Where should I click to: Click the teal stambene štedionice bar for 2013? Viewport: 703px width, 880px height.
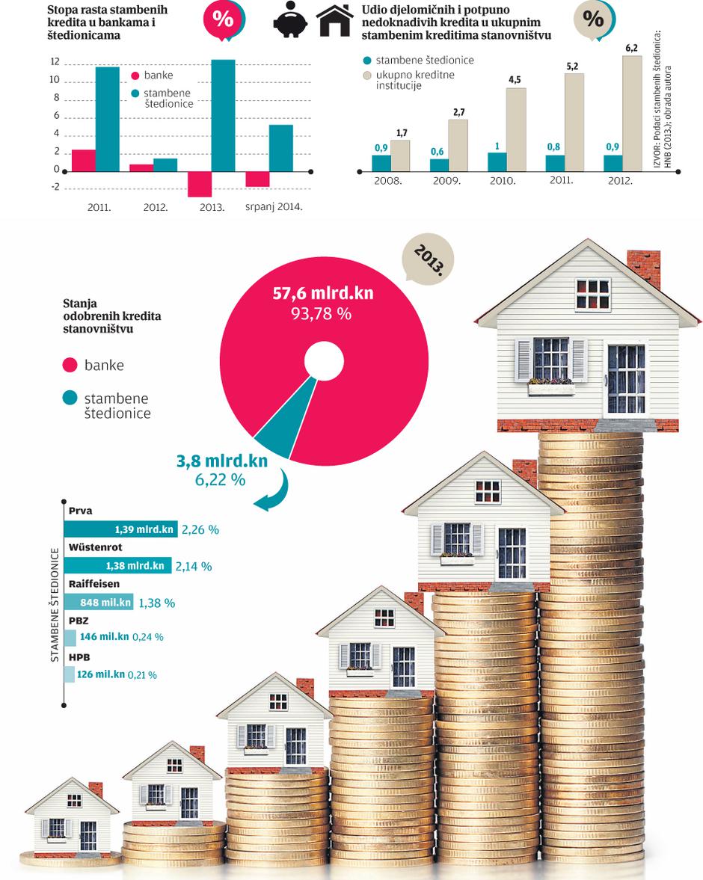[223, 114]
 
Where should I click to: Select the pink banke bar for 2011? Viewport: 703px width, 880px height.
[84, 160]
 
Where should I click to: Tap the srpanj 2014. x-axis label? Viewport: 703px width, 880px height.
[274, 206]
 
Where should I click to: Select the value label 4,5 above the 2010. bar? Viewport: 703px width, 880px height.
[515, 80]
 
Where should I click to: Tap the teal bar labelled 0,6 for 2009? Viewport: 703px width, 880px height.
[440, 164]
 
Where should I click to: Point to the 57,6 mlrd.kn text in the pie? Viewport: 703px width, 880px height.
[322, 293]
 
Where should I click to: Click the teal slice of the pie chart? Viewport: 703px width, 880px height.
[277, 434]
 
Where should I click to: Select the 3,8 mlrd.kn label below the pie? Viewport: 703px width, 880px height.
[221, 461]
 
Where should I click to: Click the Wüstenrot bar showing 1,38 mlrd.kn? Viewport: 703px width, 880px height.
[118, 566]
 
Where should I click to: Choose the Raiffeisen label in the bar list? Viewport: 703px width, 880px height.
[93, 584]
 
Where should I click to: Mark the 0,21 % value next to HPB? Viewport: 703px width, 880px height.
[142, 674]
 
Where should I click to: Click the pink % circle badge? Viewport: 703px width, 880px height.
[222, 19]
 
